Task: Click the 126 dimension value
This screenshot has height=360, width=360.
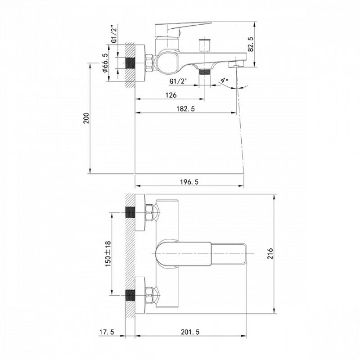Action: click(170, 95)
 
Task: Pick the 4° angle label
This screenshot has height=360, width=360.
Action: click(225, 81)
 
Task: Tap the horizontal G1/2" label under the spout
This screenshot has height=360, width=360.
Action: click(179, 81)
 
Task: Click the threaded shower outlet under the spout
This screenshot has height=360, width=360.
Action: click(205, 71)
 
